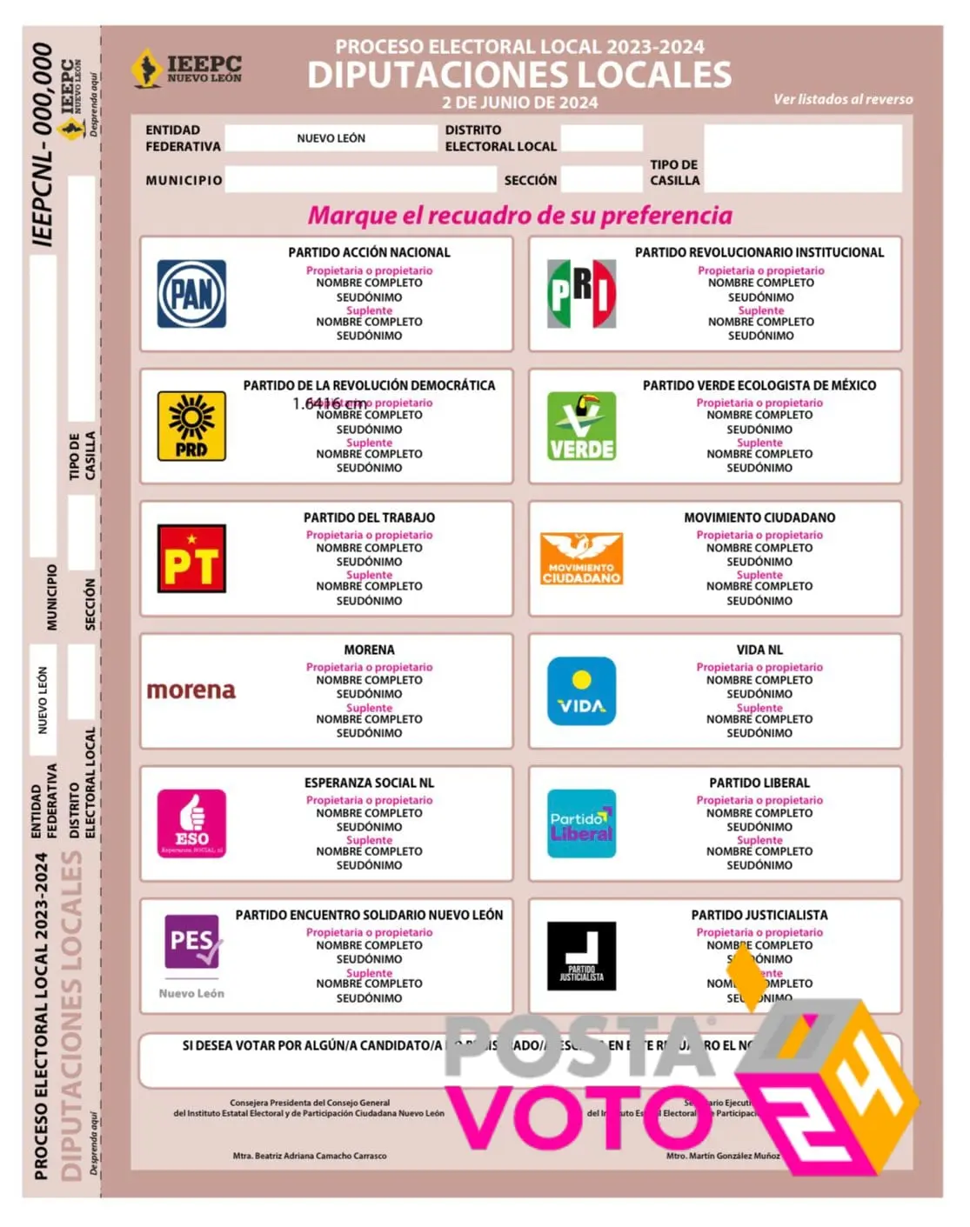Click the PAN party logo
pos(191,294)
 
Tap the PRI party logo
pos(581,294)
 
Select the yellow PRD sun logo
pos(191,426)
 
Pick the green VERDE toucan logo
pos(581,426)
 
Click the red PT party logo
pos(191,558)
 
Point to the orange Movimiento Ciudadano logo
pos(581,558)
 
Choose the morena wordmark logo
pos(191,690)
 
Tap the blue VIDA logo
pos(581,691)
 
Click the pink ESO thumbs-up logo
pos(191,824)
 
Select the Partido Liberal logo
pos(581,824)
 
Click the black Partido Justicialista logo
pos(581,956)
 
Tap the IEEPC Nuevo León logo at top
pos(187,69)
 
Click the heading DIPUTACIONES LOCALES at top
pos(519,76)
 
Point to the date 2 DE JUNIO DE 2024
pos(519,103)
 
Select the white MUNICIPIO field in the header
pos(360,180)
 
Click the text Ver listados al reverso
pos(843,99)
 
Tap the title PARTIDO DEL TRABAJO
pos(369,517)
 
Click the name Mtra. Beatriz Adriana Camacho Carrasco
pos(310,1156)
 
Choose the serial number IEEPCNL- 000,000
pos(43,144)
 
